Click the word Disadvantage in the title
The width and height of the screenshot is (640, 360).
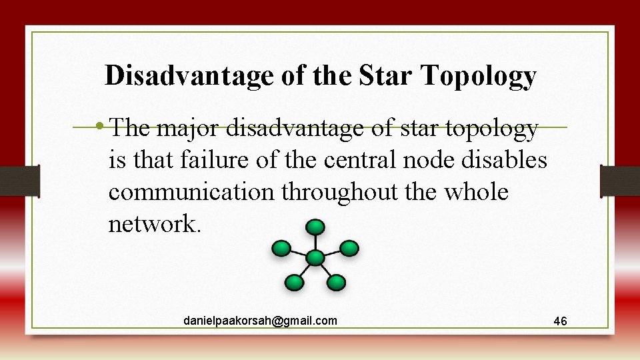click(189, 76)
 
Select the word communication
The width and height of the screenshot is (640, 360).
click(191, 193)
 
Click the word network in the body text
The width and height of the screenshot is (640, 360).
click(151, 225)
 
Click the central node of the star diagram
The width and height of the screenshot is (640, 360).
click(315, 257)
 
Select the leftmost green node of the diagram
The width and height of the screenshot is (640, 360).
click(281, 249)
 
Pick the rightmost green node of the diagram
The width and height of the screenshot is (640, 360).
click(349, 249)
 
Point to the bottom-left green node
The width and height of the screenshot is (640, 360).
click(293, 283)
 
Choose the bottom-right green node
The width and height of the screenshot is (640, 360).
click(337, 283)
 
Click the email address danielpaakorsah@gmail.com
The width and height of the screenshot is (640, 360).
click(260, 321)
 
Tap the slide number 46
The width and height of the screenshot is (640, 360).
click(560, 322)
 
